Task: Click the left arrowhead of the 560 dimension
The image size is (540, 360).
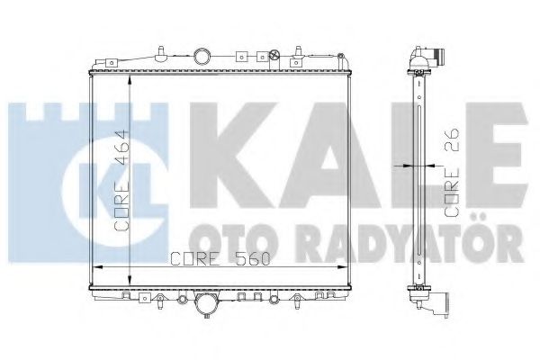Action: tap(97, 267)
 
